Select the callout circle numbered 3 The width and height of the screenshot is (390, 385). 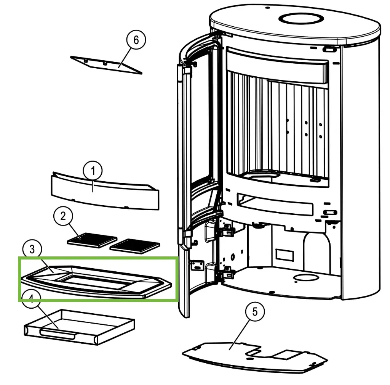click(32, 249)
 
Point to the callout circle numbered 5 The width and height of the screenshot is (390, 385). click(254, 312)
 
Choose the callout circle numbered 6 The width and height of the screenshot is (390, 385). click(136, 40)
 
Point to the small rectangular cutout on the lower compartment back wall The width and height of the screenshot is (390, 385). click(283, 255)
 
